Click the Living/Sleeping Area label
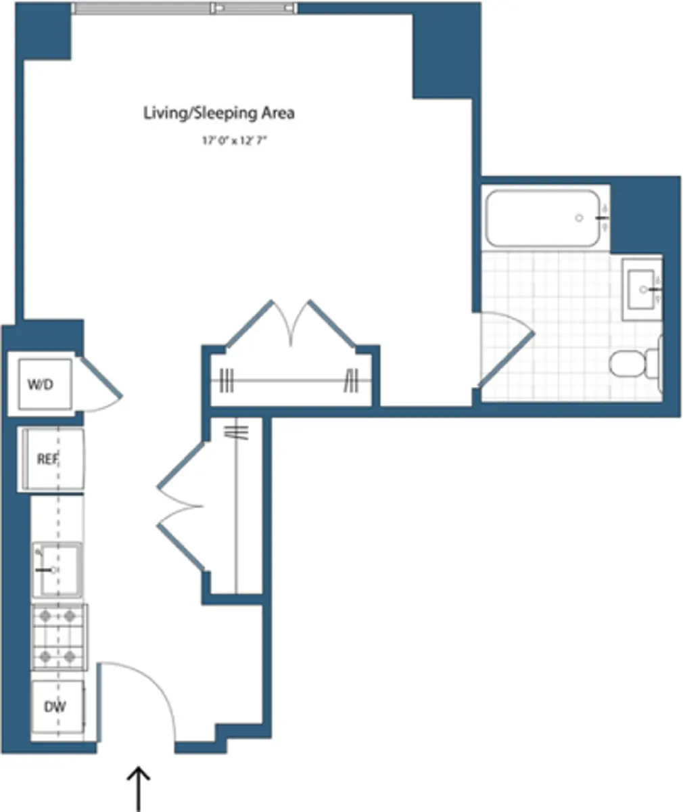coord(218,113)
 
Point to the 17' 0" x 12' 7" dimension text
coord(230,141)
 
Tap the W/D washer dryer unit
coord(40,384)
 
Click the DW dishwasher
coord(57,708)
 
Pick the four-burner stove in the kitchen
coord(59,636)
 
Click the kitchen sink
coord(57,570)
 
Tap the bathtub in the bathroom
coord(542,218)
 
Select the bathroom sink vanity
coord(641,290)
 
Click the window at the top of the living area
coord(185,8)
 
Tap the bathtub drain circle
coord(579,218)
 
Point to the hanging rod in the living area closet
coord(291,381)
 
